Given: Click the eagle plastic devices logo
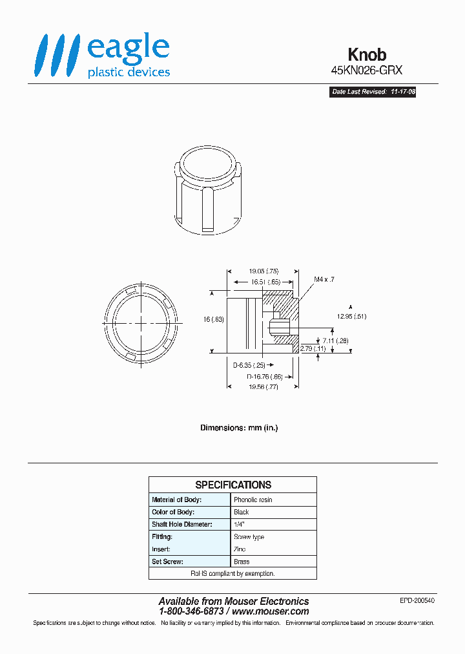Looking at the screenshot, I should tap(103, 56).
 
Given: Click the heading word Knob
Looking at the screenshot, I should tap(367, 55).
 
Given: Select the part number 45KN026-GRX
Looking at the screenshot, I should tap(366, 72).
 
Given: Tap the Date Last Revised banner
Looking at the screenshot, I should tap(373, 92).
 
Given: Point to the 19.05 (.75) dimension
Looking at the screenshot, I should tap(263, 271).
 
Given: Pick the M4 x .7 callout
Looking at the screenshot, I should tap(324, 279).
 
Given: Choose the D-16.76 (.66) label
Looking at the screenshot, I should tap(265, 375).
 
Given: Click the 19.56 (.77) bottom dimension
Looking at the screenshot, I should tap(263, 386).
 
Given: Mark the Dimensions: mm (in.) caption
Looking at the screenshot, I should tap(238, 428).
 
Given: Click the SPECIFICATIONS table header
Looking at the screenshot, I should tap(233, 485).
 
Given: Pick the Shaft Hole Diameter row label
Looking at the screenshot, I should tap(181, 524).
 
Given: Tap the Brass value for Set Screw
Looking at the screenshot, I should tap(242, 562).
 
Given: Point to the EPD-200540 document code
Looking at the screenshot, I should tap(417, 600).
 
